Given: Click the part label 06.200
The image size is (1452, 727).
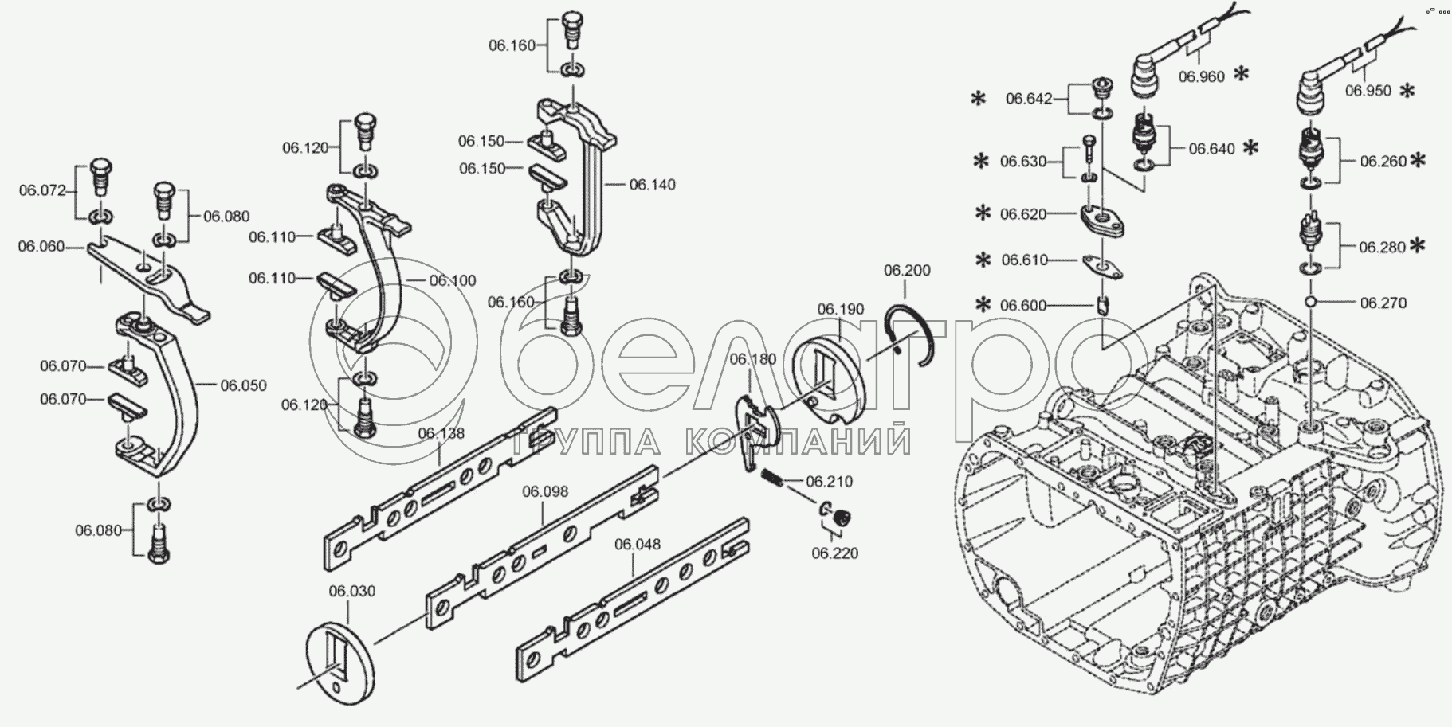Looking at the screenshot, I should point(906,271).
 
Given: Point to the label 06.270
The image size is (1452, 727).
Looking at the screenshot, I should point(1383,303).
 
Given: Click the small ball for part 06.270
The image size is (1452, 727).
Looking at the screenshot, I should point(1311,302).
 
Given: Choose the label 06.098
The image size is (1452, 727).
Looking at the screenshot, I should point(545,491).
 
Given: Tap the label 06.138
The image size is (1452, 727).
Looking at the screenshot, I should point(441,433).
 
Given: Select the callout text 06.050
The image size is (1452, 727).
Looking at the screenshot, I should point(243,385).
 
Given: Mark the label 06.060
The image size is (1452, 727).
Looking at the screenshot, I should point(41,247).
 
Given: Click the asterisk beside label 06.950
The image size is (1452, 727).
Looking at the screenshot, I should point(1407,91).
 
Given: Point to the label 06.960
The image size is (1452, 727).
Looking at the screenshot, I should point(1201,77).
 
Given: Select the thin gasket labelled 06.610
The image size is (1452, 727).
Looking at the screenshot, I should point(1101,264).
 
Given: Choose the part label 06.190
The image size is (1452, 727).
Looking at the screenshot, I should point(840,309).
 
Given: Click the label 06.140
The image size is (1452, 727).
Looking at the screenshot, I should point(652,185).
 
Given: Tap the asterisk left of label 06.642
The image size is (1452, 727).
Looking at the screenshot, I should point(978,99).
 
